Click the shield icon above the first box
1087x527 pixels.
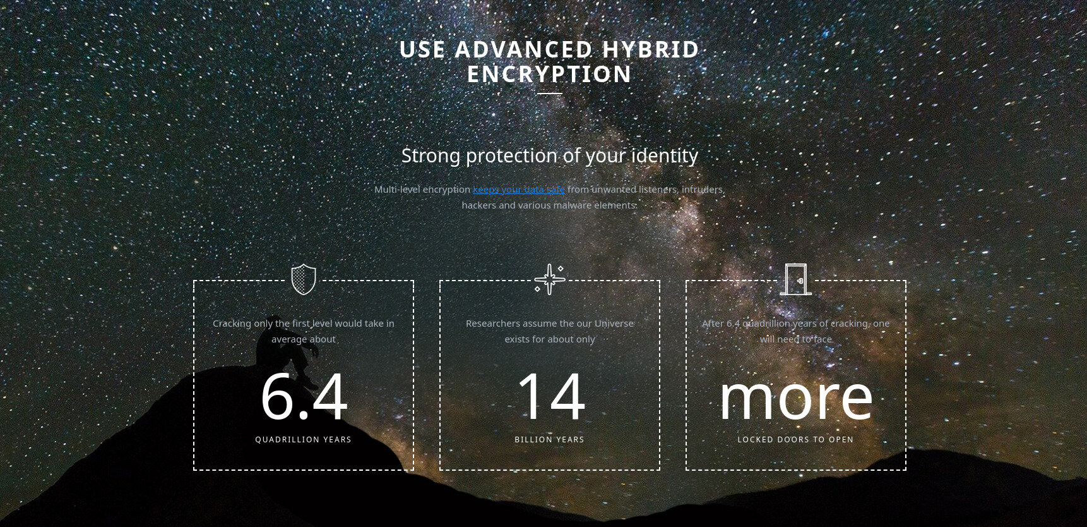pos(304,279)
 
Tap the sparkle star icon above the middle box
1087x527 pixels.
pos(549,279)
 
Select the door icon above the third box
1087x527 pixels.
pos(796,279)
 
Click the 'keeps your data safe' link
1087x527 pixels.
pos(519,190)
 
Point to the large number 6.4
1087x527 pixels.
pos(304,397)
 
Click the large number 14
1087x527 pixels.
pos(550,397)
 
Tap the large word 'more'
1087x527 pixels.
pos(796,399)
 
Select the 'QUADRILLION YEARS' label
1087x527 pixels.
pos(304,440)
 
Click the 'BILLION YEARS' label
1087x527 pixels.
pos(550,440)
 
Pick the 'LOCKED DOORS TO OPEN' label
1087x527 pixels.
pos(795,440)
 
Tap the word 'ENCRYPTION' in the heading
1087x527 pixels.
pos(550,75)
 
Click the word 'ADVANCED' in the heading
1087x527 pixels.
pos(523,50)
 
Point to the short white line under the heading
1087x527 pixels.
pos(550,94)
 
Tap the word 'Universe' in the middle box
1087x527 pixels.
pos(614,324)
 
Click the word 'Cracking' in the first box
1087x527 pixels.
pos(232,324)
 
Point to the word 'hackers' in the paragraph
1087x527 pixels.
pos(479,205)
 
